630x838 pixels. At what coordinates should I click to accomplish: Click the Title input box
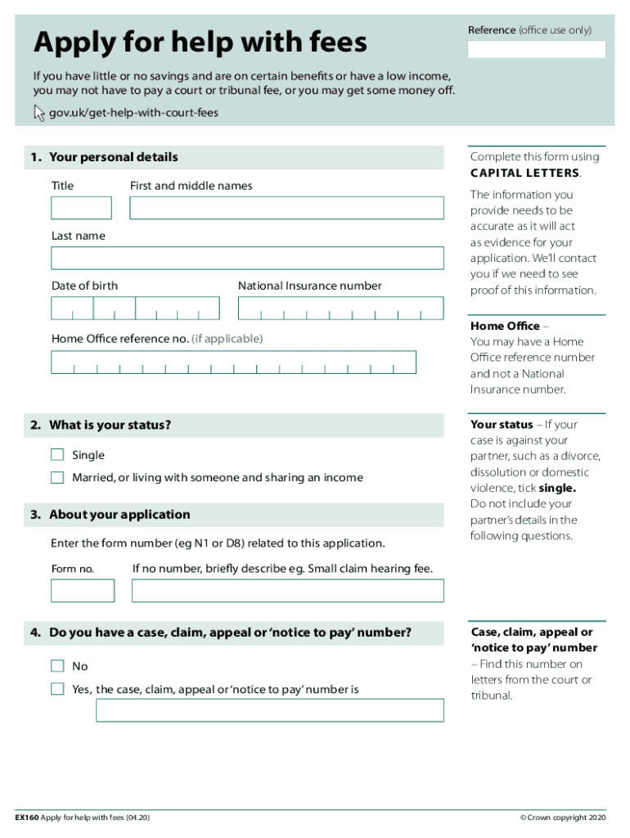81,208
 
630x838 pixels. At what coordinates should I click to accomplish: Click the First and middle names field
286,208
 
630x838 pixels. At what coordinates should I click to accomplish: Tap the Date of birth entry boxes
135,309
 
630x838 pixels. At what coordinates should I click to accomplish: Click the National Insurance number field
340,309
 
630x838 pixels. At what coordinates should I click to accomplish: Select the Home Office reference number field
233,363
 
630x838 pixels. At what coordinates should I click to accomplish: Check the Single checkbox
57,455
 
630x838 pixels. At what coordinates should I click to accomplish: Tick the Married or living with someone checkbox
57,477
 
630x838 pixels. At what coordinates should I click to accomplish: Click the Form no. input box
83,590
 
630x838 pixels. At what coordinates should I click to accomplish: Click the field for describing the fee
287,590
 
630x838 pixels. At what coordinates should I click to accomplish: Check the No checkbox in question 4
57,666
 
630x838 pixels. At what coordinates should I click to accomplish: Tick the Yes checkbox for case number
57,689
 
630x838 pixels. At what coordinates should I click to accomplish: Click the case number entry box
270,710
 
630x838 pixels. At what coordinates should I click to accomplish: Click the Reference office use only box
536,50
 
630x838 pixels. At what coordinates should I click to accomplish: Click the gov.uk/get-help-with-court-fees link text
133,113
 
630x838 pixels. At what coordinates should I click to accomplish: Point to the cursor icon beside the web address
39,113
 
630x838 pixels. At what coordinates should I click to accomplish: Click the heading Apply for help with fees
200,43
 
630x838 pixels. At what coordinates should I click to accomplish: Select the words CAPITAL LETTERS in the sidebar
524,173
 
